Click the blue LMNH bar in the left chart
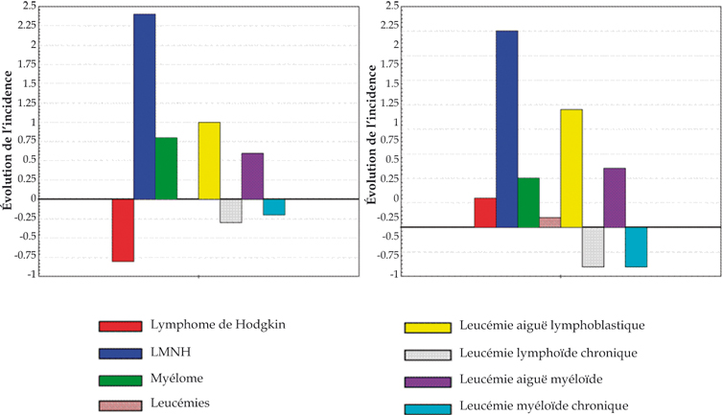(144, 106)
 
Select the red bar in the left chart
(123, 230)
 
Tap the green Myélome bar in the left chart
(166, 169)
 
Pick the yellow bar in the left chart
(209, 161)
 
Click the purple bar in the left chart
(252, 176)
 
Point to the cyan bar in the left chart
(274, 207)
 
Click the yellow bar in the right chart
(571, 168)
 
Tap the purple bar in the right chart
(615, 197)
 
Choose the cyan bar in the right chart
(636, 246)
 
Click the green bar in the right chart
(528, 202)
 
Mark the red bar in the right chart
(485, 213)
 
